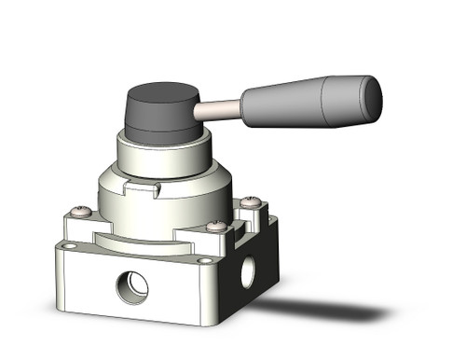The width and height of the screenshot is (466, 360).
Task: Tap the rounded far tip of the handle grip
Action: pos(374,93)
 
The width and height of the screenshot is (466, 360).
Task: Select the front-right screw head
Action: pos(216,226)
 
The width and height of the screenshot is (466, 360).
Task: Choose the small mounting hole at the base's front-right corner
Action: pos(203,261)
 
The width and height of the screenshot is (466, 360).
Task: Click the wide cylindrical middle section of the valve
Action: pos(163,201)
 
